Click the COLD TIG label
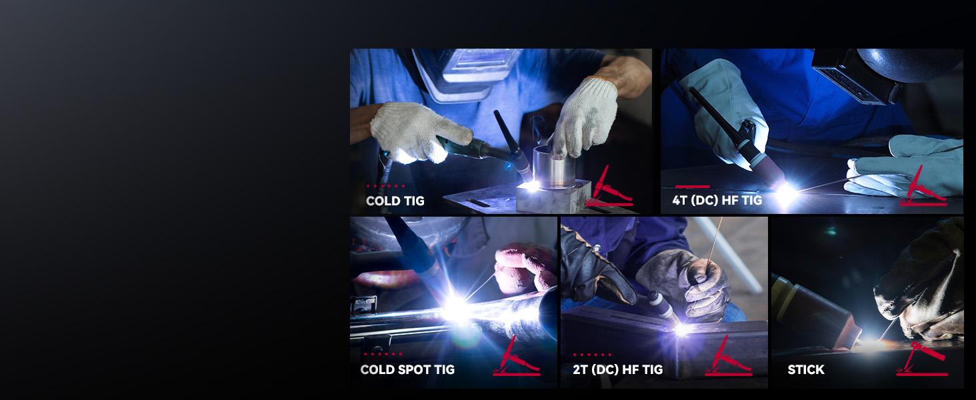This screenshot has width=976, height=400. (395, 201)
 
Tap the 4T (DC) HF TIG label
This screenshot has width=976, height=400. (717, 201)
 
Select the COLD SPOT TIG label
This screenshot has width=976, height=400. (407, 369)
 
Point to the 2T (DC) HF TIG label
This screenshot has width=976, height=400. (618, 369)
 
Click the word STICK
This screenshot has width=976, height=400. (806, 369)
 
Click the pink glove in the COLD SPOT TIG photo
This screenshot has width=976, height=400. (525, 267)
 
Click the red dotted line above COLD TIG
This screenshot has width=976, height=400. (385, 186)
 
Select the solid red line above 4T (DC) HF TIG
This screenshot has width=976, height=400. (693, 187)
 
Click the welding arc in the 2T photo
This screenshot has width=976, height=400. (681, 329)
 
